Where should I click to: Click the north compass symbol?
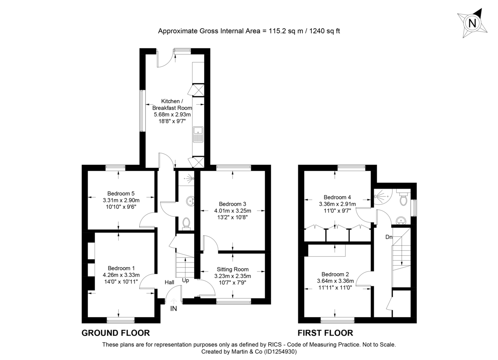tap(472, 23)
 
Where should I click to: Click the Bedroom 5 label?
tap(121, 193)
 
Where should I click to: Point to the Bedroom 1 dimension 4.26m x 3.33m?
tap(121, 275)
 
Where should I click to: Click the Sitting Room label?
tap(232, 269)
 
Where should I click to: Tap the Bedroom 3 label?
tap(232, 204)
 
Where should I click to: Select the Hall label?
tap(169, 282)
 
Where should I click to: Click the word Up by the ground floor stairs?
tap(186, 281)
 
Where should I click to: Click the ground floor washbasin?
tap(190, 201)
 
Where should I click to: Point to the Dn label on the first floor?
tap(389, 237)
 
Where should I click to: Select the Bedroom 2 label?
tap(335, 274)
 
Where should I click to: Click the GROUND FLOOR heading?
tap(115, 333)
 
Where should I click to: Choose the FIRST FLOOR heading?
tap(325, 333)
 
